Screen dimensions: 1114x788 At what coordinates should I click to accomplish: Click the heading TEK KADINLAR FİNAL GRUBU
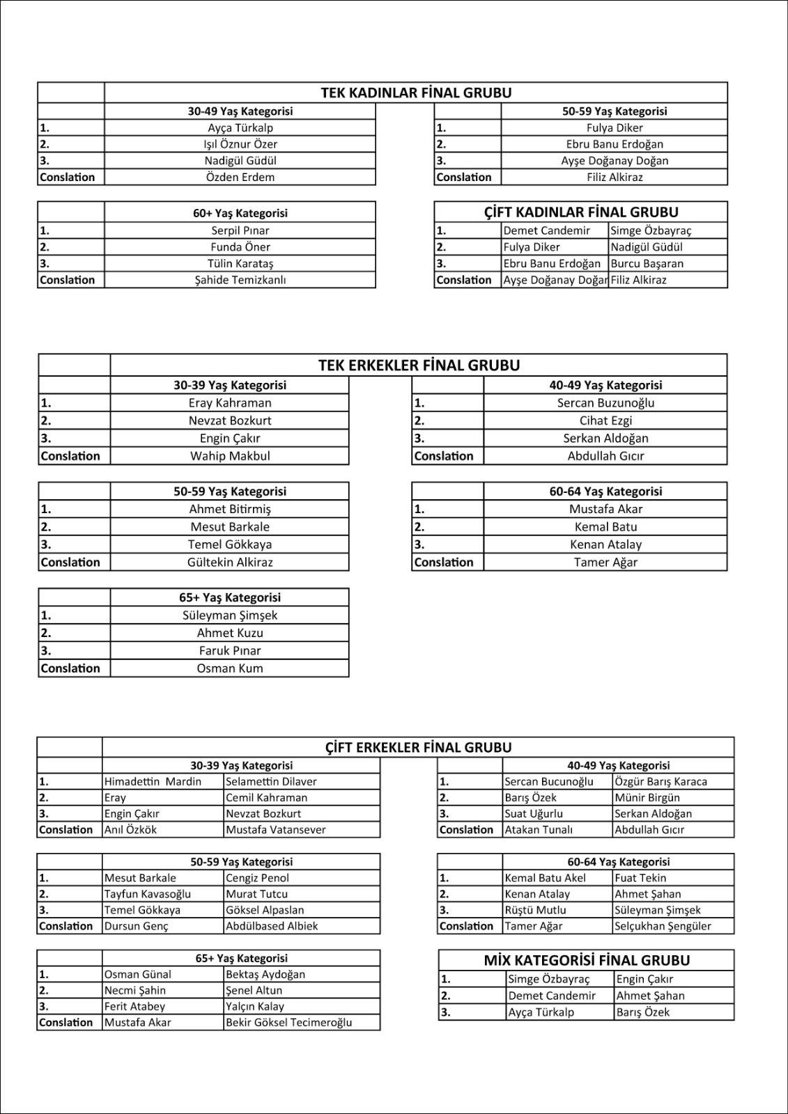[416, 93]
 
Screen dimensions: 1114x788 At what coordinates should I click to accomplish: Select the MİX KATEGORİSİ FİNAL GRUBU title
[587, 960]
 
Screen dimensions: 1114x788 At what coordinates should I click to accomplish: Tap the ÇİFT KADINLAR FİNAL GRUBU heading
[581, 212]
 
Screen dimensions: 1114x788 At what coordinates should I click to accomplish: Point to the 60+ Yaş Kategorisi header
[240, 213]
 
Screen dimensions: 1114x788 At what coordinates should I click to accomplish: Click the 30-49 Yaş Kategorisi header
[240, 111]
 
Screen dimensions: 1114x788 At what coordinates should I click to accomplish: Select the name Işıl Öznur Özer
[240, 144]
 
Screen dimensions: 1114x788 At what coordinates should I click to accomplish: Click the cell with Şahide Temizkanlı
[240, 280]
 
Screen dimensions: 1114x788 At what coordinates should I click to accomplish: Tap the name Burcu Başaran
[647, 263]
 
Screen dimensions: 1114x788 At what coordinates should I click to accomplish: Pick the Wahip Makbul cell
[230, 456]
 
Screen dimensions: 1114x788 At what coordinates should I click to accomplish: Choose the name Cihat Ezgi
[605, 421]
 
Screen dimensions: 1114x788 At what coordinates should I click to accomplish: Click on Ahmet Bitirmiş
[230, 509]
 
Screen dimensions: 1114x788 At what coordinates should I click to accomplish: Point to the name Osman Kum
[230, 668]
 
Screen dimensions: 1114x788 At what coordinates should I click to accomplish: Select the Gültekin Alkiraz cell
[230, 562]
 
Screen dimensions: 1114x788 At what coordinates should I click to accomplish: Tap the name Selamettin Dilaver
[271, 781]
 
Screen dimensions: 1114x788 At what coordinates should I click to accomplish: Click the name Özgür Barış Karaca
[660, 781]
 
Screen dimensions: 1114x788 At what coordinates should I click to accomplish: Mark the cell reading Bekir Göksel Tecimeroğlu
[288, 1022]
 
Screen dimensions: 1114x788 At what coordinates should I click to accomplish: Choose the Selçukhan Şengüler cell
[663, 926]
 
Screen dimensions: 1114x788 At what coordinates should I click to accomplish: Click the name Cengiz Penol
[257, 878]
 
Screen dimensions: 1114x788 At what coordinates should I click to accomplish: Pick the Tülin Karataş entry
[240, 263]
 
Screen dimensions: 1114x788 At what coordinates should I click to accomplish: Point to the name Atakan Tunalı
[539, 829]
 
